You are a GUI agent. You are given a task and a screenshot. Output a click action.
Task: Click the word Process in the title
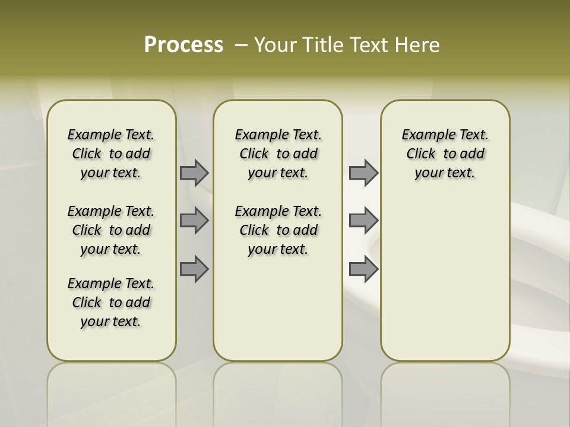tap(183, 44)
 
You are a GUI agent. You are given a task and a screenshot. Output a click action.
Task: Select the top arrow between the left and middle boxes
tap(194, 173)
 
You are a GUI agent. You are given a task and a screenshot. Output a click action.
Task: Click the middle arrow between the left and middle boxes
tap(194, 221)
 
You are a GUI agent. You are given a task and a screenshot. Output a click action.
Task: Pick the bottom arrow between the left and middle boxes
tap(194, 269)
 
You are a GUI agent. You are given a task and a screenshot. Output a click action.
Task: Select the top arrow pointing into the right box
tap(363, 173)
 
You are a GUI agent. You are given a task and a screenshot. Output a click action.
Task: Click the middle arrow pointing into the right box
tap(363, 221)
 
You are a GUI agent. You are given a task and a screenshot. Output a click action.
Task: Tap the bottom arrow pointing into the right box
tap(363, 269)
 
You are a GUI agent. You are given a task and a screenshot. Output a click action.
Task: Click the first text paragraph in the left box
tap(111, 154)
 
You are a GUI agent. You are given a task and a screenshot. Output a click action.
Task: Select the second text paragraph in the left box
tap(111, 230)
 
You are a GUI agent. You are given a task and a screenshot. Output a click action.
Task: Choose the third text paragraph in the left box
tap(111, 302)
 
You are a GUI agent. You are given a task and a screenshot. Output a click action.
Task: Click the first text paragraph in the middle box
tap(278, 154)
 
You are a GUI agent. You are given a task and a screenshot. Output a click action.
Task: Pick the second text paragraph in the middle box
tap(278, 230)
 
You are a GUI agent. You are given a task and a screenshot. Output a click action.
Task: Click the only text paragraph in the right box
tap(445, 154)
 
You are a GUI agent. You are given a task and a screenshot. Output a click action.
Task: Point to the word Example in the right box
tap(423, 135)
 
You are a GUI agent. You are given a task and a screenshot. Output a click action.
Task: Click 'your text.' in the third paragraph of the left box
tap(111, 321)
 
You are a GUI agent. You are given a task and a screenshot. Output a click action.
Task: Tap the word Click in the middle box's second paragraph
tap(254, 230)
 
